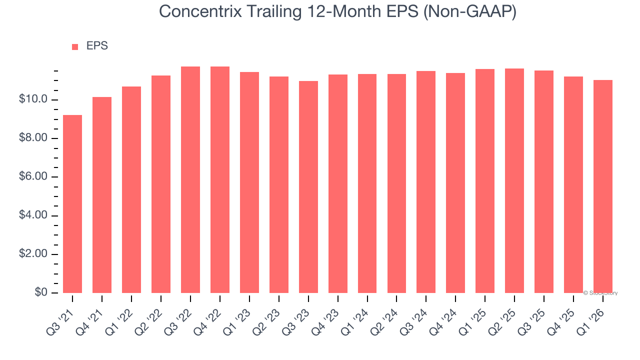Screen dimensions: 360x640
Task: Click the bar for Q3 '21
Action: [72, 204]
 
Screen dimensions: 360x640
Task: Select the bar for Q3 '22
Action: [190, 180]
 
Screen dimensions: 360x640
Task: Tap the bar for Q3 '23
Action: [308, 187]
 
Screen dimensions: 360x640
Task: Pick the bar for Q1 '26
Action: [603, 186]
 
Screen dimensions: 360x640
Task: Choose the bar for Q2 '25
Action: [514, 181]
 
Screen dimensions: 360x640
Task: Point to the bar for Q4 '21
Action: [102, 195]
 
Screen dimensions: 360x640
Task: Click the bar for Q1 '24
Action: [367, 183]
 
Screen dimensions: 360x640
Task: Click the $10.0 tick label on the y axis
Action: [34, 99]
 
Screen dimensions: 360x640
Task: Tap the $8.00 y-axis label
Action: [34, 138]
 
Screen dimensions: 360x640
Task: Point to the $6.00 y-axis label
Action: [34, 177]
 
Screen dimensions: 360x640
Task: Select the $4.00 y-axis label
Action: [34, 215]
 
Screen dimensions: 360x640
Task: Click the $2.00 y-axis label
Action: [34, 254]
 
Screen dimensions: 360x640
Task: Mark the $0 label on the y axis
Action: [41, 292]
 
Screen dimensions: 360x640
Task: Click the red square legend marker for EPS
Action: [75, 47]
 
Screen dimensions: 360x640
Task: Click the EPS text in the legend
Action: [97, 46]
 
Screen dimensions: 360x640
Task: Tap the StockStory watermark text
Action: [601, 293]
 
